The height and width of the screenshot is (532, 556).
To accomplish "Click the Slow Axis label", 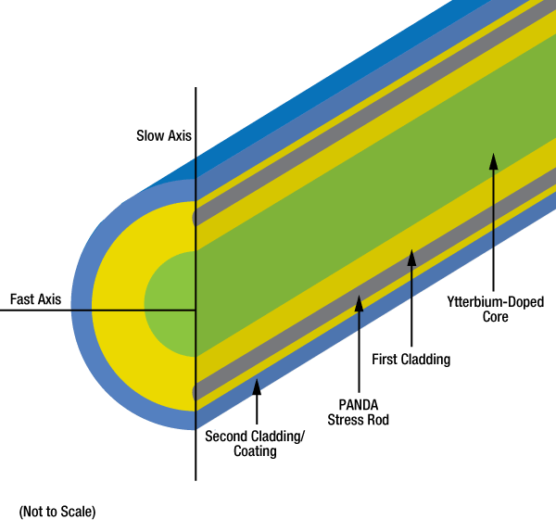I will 163,136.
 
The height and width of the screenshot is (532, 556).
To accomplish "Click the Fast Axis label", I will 35,299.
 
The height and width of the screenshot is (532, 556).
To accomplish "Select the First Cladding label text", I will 411,359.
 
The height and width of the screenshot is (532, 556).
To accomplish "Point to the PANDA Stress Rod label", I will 359,412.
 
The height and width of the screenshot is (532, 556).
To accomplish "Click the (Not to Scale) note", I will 57,511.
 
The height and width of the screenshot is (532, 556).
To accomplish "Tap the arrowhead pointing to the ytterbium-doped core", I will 494,160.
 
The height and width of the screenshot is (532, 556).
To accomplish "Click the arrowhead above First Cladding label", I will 411,255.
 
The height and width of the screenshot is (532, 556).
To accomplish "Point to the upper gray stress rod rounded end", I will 196,218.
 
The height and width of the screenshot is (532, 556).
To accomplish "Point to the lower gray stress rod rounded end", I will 196,392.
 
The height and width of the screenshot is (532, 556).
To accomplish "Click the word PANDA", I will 359,404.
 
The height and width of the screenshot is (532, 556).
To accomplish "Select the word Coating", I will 254,451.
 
